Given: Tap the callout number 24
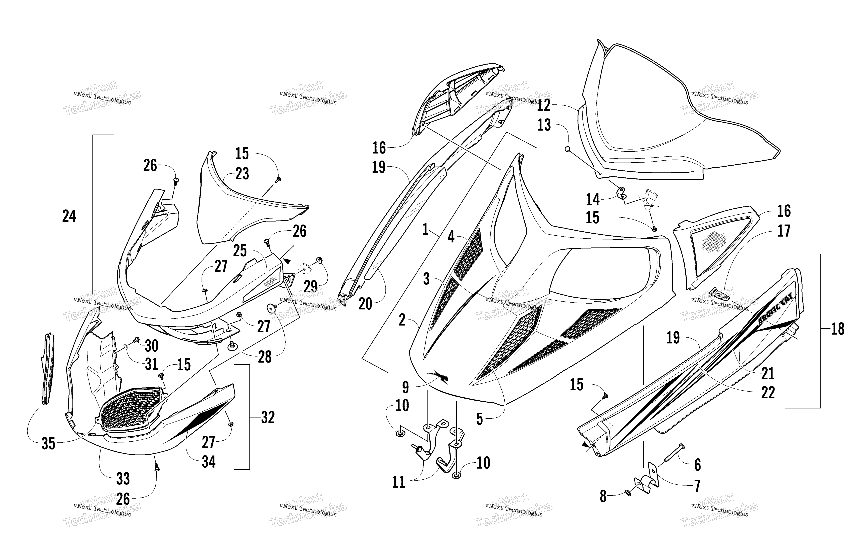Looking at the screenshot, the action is pos(69,216).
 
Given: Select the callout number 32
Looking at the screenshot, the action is pos(268,417).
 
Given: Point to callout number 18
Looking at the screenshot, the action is pos(838,329).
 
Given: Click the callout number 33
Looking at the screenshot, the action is pos(123,479).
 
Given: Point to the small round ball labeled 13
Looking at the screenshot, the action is pos(568,149).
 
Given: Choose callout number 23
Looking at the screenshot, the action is pos(242,174).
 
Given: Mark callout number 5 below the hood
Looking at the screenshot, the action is pos(479,419).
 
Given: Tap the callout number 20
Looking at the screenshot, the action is pos(365,304).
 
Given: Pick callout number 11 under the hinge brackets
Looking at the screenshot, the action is pos(398,482).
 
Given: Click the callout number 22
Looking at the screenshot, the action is pos(768,392).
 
